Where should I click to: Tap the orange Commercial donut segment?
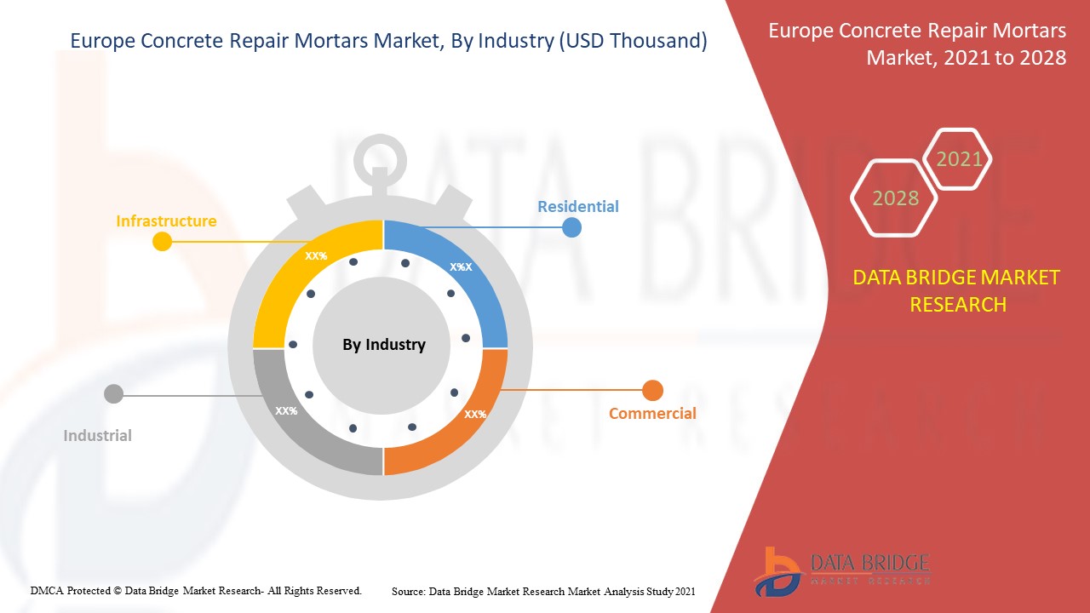(x=464, y=421)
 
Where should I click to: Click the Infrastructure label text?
(x=166, y=221)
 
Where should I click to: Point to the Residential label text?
(x=577, y=206)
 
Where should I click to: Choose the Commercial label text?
(x=652, y=414)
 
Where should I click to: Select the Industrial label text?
(x=98, y=436)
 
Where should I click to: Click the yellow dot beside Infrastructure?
(x=162, y=242)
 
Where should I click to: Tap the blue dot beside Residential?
(x=571, y=227)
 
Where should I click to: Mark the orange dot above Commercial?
(x=652, y=391)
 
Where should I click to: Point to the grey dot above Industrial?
(x=113, y=394)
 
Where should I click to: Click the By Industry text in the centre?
(x=383, y=345)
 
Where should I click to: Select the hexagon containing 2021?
(x=959, y=159)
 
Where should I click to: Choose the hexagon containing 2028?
(x=895, y=198)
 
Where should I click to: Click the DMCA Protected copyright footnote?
(x=196, y=590)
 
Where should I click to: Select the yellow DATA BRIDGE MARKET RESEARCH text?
(x=957, y=290)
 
